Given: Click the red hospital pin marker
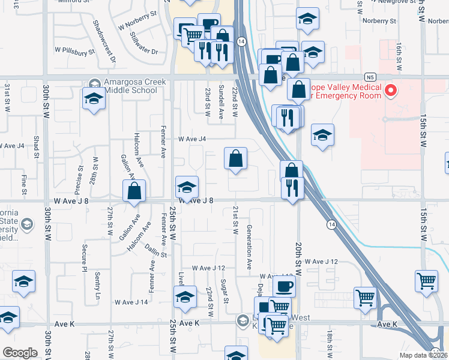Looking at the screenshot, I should click(391, 91).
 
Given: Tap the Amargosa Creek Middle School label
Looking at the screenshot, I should click(131, 86).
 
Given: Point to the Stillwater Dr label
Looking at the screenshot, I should click(142, 43).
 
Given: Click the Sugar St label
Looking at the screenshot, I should click(223, 291).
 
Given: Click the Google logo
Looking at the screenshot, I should click(20, 353).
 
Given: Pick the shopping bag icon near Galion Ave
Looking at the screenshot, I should click(134, 191).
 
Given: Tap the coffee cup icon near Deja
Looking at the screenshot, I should click(284, 286).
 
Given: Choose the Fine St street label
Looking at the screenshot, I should click(25, 184).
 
